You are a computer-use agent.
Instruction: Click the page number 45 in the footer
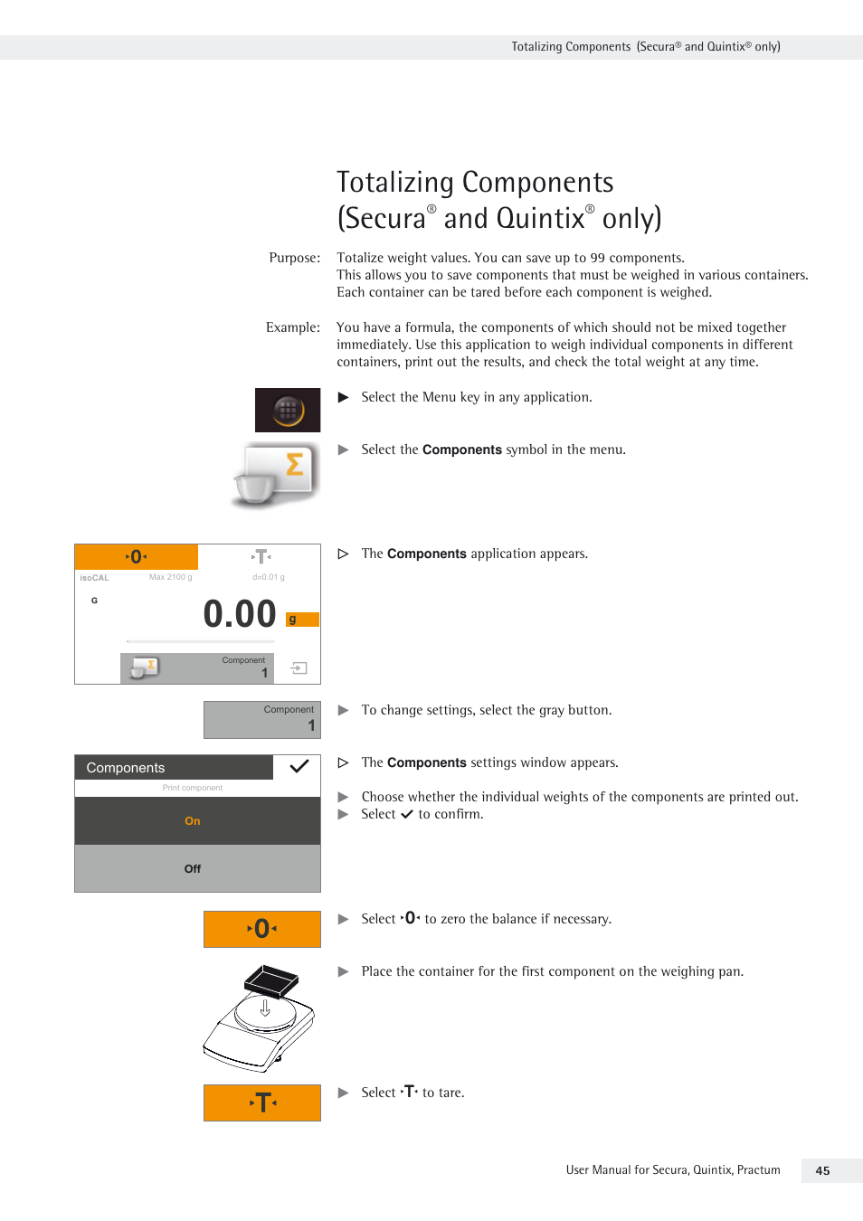coord(822,1170)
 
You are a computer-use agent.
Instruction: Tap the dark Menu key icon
coord(288,410)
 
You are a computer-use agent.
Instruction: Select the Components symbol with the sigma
coord(277,474)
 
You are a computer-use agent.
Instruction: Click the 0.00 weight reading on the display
coord(240,614)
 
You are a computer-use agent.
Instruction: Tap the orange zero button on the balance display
coord(137,557)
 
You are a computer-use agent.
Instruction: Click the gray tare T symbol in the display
coord(261,557)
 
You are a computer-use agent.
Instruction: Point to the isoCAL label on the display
coord(94,578)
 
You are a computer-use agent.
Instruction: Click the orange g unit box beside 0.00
coord(302,620)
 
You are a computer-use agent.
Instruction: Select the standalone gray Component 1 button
coord(262,720)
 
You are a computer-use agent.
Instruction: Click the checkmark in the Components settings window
coord(299,767)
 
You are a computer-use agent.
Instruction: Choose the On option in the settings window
coord(193,821)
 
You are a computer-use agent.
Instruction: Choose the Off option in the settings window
coord(193,869)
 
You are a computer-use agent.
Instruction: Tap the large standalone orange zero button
coord(262,929)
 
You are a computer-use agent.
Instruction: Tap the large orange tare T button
coord(262,1103)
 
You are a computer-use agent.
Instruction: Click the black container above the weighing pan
coord(271,980)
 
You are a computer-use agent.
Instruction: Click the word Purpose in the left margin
coord(294,258)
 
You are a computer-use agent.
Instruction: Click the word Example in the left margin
coord(292,327)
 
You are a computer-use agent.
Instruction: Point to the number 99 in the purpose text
coord(597,258)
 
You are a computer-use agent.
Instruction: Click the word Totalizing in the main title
coord(395,183)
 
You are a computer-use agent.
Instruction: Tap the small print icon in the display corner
coord(299,668)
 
